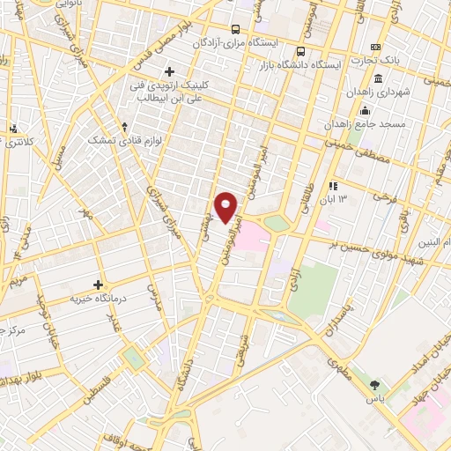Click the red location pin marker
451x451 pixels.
tap(227, 207)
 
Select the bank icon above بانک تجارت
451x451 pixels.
tap(377, 47)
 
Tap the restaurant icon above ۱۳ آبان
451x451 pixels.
tap(333, 186)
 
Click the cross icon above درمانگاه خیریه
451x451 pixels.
tap(100, 285)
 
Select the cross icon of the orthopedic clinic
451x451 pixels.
tap(169, 70)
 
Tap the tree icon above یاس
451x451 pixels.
tap(376, 384)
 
